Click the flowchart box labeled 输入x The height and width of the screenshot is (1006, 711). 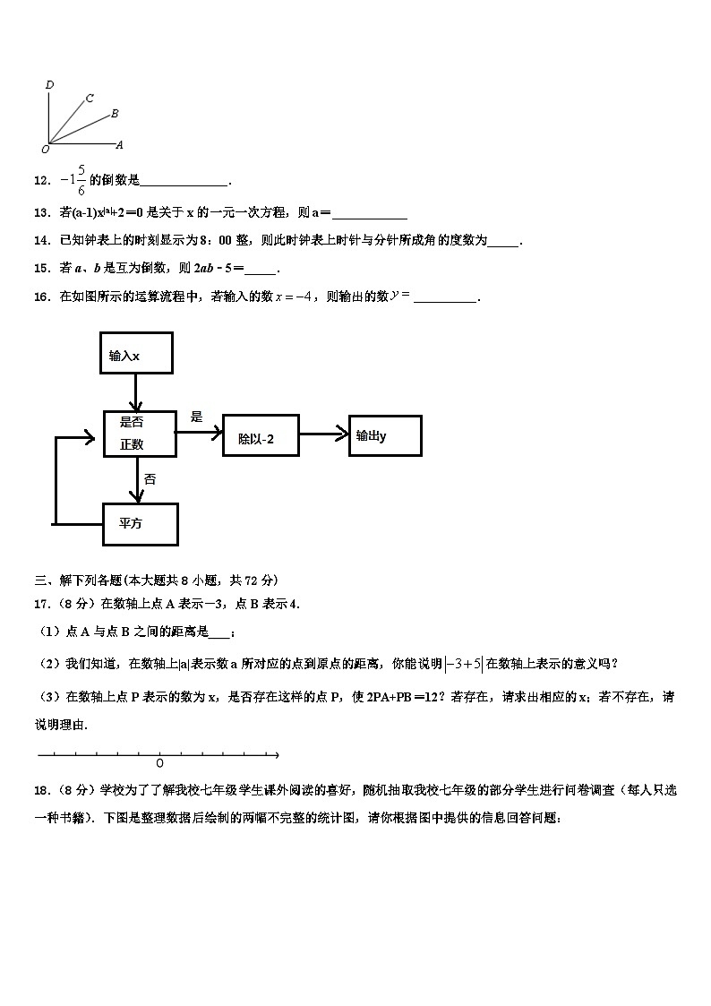(137, 356)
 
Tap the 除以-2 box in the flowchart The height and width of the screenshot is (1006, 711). (260, 436)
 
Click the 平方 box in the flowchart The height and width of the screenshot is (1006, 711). (140, 524)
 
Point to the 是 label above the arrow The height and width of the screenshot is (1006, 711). (197, 417)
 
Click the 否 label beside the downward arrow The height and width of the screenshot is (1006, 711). (150, 479)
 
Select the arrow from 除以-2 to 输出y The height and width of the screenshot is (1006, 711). (323, 434)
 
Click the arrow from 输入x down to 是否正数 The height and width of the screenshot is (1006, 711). (136, 393)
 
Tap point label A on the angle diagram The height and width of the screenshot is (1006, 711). (119, 144)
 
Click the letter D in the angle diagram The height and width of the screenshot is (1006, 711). (49, 85)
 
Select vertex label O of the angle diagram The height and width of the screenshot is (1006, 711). (45, 149)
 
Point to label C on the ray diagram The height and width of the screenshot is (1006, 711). (90, 99)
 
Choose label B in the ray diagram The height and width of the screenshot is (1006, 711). (114, 114)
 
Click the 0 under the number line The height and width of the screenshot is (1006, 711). (159, 763)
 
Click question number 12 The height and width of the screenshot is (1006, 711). (40, 180)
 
